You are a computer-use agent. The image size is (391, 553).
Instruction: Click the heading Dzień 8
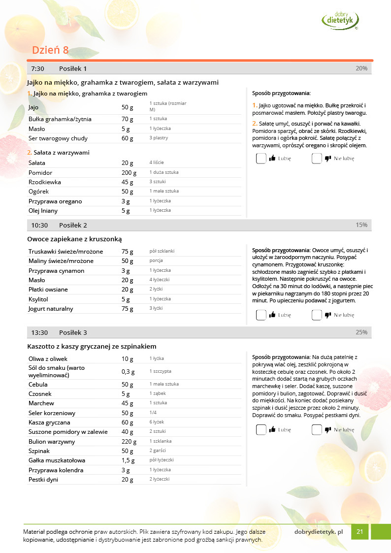[50, 50]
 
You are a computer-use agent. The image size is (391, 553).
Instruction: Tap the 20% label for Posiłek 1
[361, 68]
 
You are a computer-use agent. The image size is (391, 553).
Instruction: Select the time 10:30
[39, 225]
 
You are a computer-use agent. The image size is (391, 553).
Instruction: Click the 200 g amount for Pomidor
[129, 173]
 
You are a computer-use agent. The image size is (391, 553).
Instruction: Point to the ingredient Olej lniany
[43, 211]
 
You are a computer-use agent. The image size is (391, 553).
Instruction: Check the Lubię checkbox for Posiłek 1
[261, 159]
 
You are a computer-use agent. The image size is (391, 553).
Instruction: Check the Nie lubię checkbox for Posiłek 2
[317, 315]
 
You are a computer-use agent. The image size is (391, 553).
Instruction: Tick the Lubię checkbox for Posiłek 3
[261, 430]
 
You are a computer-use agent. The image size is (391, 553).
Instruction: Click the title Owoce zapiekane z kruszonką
[74, 239]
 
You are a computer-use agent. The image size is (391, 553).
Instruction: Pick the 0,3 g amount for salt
[128, 371]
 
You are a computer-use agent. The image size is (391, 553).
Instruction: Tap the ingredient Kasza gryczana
[49, 423]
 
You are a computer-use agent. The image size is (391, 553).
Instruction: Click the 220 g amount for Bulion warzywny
[129, 442]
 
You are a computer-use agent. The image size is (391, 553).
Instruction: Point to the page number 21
[360, 531]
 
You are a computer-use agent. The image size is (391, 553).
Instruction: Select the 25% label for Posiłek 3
[361, 332]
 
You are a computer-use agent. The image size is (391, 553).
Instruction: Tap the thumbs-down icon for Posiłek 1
[327, 159]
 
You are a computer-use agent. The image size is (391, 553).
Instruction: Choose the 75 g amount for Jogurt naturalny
[128, 309]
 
